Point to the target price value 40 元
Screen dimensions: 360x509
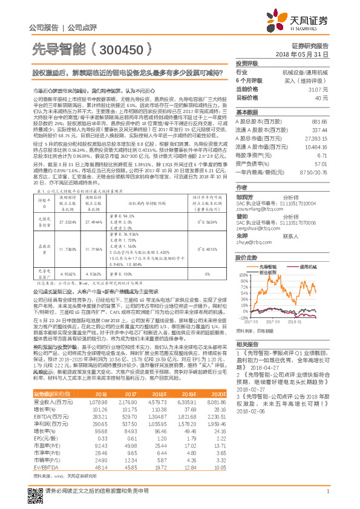pyautogui.click(x=321, y=97)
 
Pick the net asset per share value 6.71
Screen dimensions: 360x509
pyautogui.click(x=323, y=155)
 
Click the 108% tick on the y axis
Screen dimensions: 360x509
pyautogui.click(x=241, y=269)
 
